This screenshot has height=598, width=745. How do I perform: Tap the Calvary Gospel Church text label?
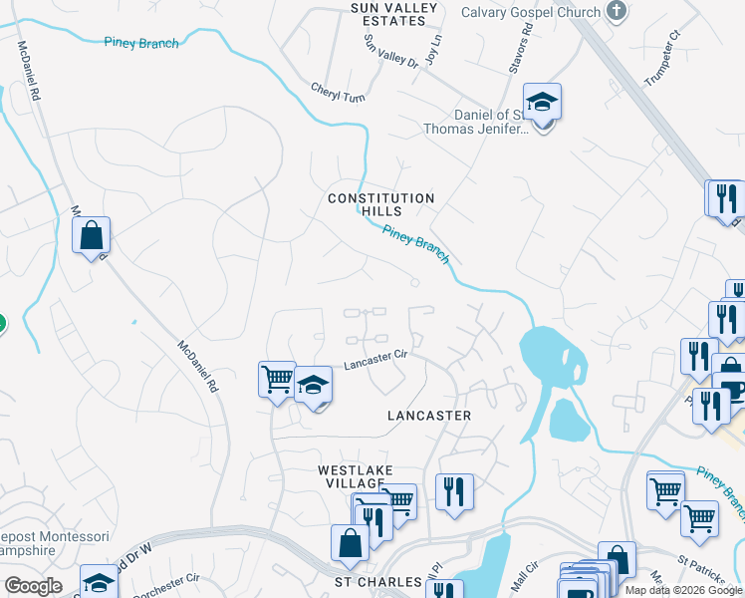pyautogui.click(x=531, y=12)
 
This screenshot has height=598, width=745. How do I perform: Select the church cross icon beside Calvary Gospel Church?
pyautogui.click(x=618, y=12)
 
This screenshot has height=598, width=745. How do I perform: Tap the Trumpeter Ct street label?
pyautogui.click(x=660, y=51)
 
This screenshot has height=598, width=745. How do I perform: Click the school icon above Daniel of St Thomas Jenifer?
pyautogui.click(x=543, y=103)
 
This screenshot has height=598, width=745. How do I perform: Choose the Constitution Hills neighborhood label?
pyautogui.click(x=381, y=204)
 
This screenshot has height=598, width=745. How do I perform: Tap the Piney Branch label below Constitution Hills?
pyautogui.click(x=416, y=244)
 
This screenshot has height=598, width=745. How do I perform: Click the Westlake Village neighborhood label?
pyautogui.click(x=356, y=476)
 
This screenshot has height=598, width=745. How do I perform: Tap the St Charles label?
pyautogui.click(x=371, y=581)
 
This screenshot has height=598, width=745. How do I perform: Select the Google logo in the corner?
pyautogui.click(x=32, y=585)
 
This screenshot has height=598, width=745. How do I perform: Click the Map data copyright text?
pyautogui.click(x=683, y=590)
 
